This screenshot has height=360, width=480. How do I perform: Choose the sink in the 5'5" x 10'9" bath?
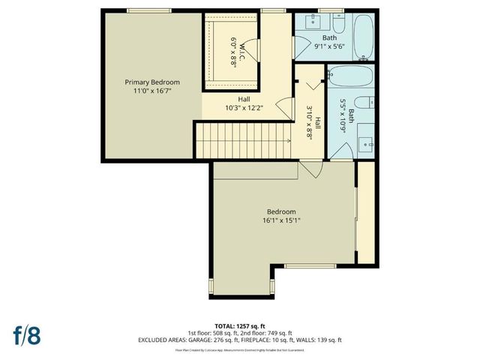click(366, 142)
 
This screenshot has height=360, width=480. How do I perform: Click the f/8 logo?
click(26, 333)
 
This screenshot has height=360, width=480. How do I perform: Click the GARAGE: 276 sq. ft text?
click(228, 340)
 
